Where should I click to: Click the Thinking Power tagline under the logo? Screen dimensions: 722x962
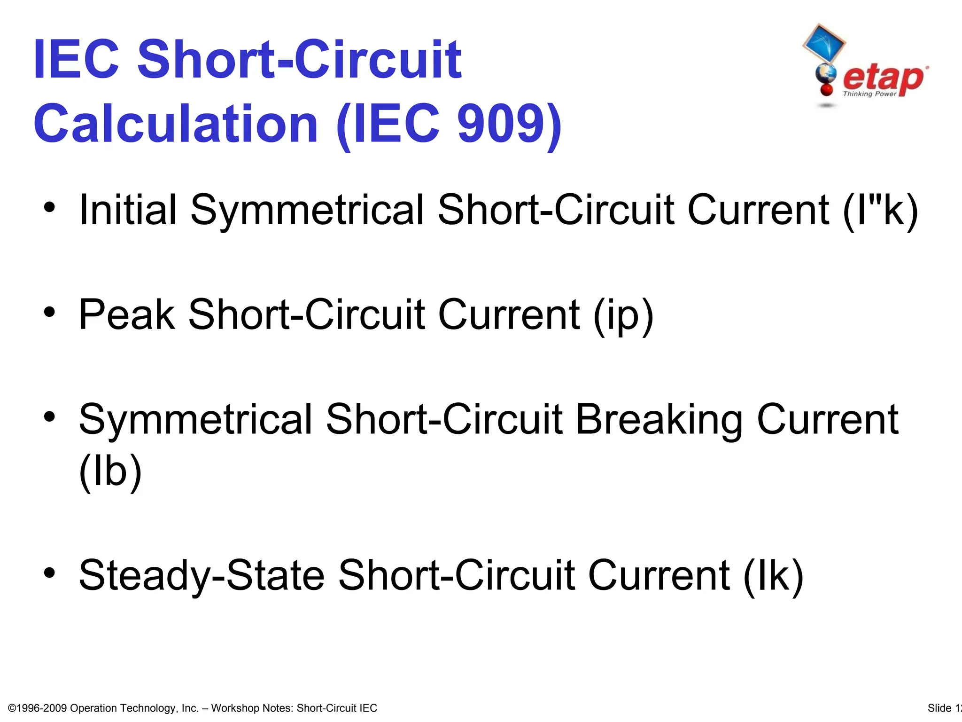point(869,94)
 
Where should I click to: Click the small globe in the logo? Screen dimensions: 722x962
point(825,74)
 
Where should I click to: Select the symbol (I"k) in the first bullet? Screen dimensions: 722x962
point(880,210)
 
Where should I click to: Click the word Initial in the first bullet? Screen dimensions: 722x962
point(128,210)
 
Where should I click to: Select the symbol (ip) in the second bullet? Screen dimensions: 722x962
point(623,314)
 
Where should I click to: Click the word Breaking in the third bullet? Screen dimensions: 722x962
point(659,419)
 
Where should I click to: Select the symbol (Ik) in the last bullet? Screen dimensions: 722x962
point(773,575)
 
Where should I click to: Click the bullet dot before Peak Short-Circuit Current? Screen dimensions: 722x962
point(50,312)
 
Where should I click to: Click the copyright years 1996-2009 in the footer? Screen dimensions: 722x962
point(42,708)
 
